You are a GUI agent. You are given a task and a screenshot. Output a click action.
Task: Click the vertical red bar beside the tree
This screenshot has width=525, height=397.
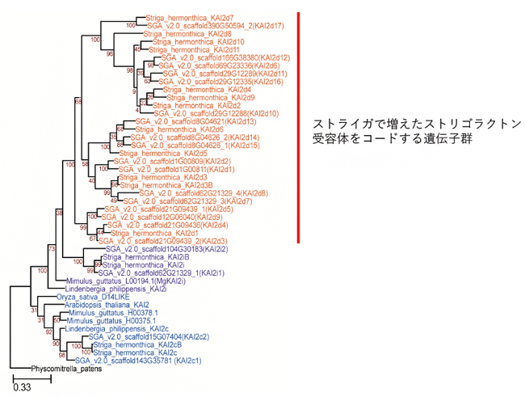299,127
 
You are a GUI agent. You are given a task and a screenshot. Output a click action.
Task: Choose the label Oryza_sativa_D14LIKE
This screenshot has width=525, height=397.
88,297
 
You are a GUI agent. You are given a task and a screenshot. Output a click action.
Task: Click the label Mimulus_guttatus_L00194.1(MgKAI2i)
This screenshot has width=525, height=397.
120,281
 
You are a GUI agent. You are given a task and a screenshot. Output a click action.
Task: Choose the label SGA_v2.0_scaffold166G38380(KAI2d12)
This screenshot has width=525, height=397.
225,57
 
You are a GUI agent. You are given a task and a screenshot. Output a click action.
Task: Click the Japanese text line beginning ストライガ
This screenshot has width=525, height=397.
416,124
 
